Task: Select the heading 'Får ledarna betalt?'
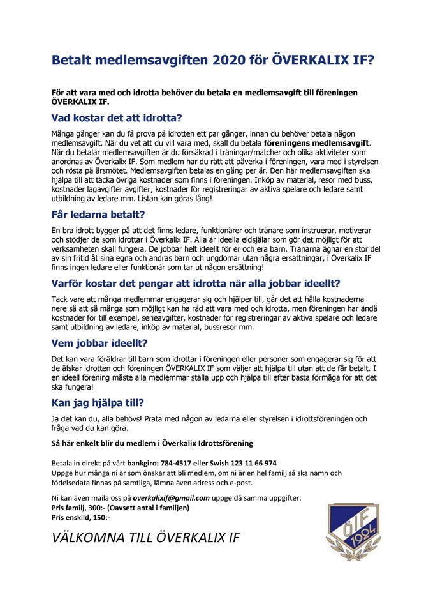99,215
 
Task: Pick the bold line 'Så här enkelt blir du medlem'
152,443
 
